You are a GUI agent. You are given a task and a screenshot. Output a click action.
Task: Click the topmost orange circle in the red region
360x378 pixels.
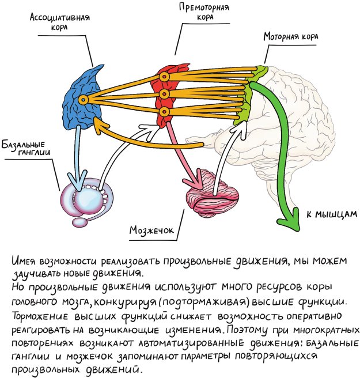[x=164, y=76]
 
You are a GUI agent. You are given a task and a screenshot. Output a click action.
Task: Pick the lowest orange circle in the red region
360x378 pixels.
[x=164, y=111]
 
